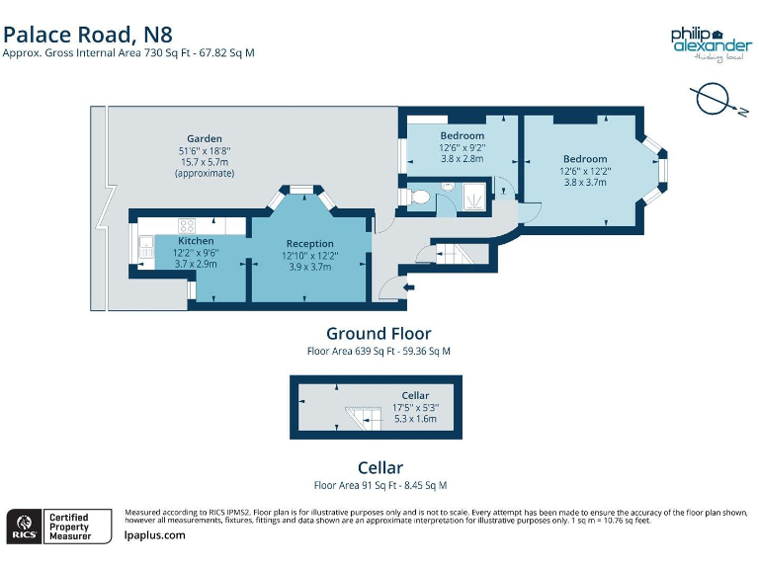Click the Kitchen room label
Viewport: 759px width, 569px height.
point(196,241)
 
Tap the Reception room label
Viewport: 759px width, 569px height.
point(309,243)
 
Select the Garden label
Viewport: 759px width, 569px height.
point(205,138)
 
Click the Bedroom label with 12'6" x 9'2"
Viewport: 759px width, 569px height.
point(462,135)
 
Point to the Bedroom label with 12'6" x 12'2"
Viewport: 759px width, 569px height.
point(585,159)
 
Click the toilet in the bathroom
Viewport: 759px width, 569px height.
point(418,198)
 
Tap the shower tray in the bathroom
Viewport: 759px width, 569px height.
point(473,198)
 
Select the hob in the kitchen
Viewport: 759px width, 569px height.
point(184,225)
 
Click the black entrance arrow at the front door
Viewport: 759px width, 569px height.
point(409,286)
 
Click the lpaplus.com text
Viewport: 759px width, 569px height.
point(155,534)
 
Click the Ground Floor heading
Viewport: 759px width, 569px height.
point(379,334)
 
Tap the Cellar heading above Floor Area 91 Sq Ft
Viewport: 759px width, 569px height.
point(379,467)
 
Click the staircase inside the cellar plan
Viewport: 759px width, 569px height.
point(362,417)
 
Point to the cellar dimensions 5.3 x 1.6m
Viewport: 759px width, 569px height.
point(414,418)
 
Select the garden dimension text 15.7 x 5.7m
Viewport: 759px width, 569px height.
point(204,162)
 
